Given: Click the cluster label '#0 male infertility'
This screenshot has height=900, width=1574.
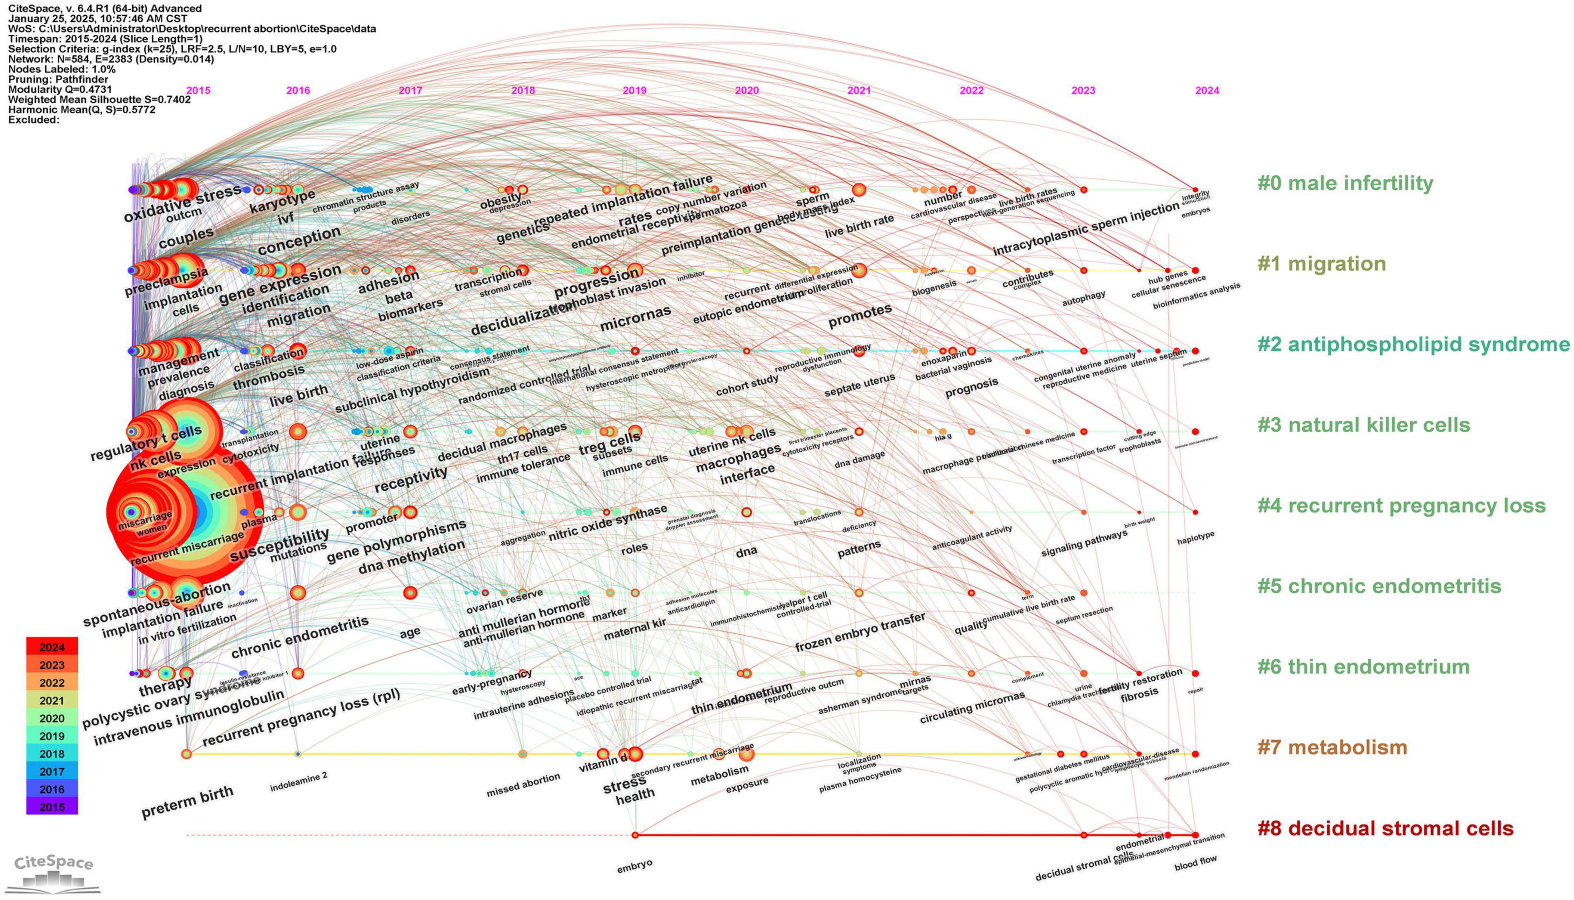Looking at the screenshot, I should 1345,183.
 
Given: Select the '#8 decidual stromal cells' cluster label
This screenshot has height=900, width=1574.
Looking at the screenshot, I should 1385,828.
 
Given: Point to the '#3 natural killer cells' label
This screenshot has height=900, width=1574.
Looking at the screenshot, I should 1363,425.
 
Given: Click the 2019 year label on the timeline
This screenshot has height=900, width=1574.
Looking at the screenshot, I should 634,90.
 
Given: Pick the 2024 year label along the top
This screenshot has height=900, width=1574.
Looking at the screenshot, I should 1207,90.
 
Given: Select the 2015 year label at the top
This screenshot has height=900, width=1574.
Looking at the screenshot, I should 198,90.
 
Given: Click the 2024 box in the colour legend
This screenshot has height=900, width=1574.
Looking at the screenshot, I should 52,647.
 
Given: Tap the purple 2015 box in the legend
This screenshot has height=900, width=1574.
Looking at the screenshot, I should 52,807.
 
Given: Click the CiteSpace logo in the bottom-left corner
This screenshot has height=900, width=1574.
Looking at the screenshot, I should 55,873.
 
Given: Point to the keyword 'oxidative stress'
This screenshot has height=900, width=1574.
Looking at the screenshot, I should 182,203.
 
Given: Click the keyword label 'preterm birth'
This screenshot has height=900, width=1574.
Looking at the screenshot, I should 187,802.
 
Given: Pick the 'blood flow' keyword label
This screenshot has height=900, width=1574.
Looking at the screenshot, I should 1195,864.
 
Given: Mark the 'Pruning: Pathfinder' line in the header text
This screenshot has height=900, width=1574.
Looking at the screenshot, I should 58,79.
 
